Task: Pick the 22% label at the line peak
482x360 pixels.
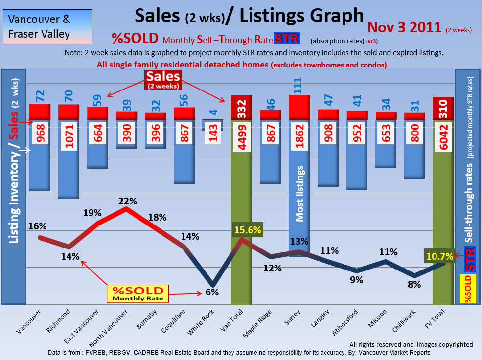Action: tap(126, 201)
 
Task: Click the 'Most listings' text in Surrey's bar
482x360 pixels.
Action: tap(300, 194)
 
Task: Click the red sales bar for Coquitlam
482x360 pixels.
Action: tap(184, 113)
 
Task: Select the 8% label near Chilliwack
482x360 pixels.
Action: tap(414, 284)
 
